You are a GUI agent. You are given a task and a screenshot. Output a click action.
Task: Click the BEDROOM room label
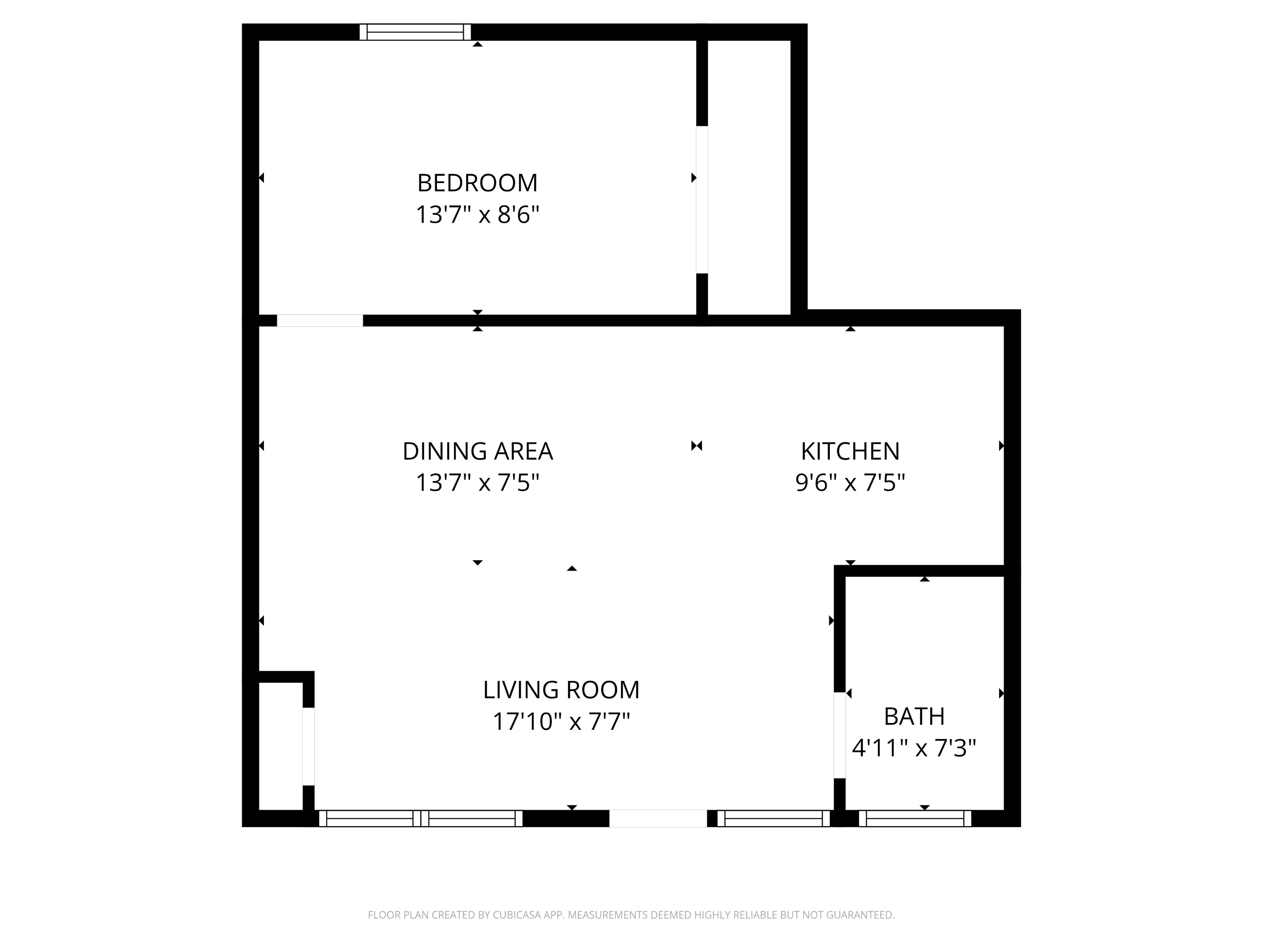477,183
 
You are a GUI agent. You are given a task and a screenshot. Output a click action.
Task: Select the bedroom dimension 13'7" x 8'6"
477,215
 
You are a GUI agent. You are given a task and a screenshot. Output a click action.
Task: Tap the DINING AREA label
477,452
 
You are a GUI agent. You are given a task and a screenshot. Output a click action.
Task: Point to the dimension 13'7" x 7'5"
477,483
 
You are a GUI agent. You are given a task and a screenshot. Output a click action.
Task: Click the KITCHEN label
850,452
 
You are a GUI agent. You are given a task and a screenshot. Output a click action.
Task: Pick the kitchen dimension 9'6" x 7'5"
850,483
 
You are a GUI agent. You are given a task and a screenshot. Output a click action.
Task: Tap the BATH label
914,716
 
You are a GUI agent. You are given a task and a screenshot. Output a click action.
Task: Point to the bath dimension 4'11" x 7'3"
914,748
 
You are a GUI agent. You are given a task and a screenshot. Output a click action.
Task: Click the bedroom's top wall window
415,32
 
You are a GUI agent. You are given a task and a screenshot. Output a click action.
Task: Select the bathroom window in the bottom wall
915,819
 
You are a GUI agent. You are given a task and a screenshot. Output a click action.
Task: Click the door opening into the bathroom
839,735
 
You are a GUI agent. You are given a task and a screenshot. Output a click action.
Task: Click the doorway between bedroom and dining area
320,320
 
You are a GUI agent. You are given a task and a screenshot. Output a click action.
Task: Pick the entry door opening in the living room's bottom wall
658,819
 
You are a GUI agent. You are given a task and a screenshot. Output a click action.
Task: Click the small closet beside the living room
280,746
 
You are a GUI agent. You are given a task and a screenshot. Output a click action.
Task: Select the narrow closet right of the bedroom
749,177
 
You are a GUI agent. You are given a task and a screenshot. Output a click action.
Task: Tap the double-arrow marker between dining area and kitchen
697,446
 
